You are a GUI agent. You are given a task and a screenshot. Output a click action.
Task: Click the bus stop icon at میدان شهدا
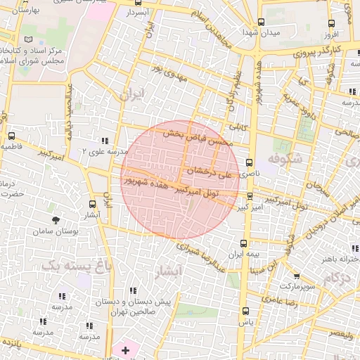tap(262, 22)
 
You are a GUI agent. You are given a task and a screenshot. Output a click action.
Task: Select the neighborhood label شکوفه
tap(284, 160)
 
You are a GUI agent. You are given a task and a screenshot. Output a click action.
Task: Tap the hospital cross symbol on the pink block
tap(126, 349)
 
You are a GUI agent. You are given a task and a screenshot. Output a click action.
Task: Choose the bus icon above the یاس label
tap(245, 311)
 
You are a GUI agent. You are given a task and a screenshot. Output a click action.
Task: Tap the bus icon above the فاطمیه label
tap(11, 136)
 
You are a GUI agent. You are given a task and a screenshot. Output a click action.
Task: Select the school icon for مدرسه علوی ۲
tap(105, 141)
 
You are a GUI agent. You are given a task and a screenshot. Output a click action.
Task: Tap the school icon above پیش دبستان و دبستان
tap(133, 290)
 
